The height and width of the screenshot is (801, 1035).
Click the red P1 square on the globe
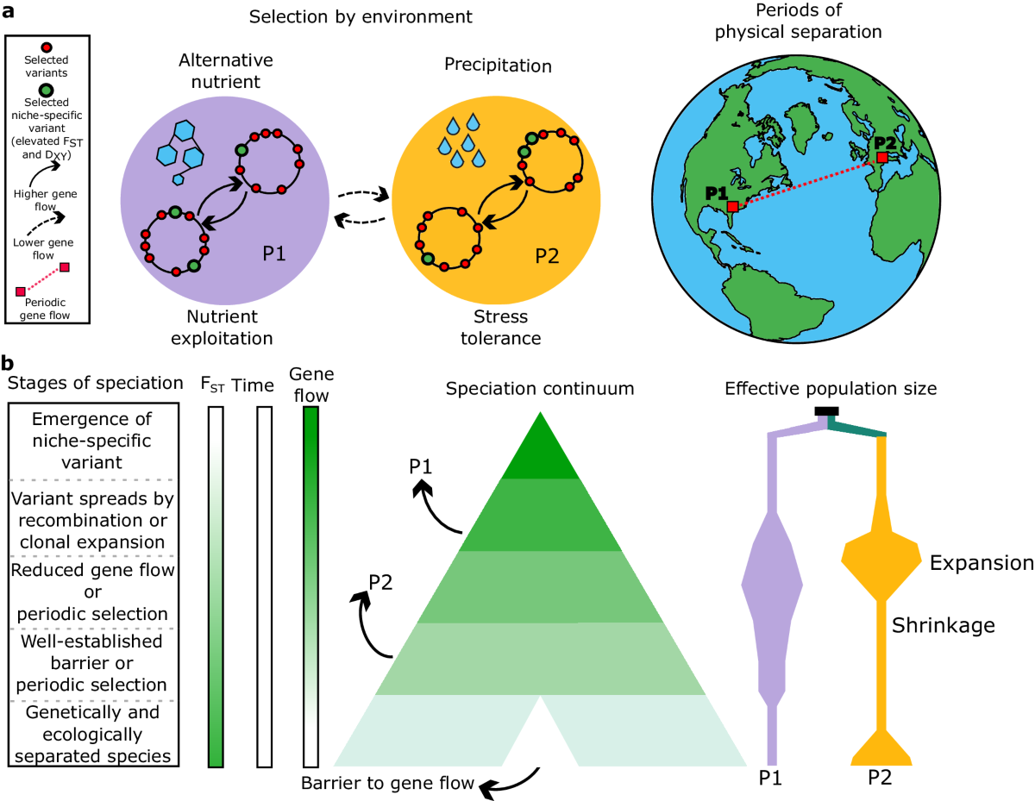732,207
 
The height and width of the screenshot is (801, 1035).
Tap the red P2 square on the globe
881,158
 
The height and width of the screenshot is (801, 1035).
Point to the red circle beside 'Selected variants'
47,47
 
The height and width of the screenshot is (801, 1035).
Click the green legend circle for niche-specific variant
47,89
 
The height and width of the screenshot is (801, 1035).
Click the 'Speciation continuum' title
540,388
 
